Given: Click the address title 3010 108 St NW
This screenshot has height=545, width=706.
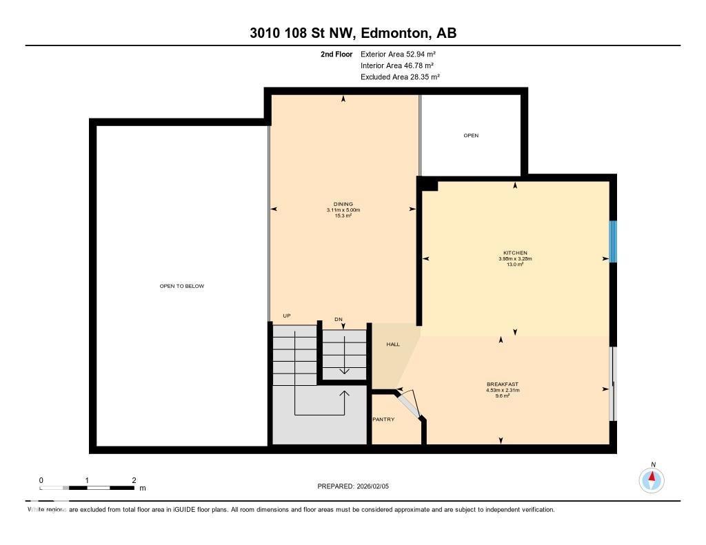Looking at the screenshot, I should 352,33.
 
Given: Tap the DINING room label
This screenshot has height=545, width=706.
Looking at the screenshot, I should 343,204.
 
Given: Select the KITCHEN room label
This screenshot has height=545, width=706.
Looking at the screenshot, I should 515,253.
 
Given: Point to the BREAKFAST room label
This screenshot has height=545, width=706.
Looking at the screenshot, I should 502,384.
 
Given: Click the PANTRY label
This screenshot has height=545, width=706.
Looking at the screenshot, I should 383,419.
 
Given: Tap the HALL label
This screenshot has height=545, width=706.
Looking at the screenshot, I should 392,345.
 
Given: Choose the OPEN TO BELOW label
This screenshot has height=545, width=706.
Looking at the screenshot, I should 181,286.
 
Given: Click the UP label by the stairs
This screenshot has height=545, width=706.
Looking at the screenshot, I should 287,316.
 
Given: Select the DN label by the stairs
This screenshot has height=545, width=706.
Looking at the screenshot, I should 339,319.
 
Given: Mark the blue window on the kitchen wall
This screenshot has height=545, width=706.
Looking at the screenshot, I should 612,241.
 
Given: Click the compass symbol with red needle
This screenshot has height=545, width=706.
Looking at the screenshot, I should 652,480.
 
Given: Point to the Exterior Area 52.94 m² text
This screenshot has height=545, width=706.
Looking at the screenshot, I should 398,54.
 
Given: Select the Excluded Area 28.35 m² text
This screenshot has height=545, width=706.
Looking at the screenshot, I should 400,77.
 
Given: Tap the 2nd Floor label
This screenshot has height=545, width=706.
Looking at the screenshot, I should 336,54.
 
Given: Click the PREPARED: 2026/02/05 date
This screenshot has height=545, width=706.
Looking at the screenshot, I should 353,486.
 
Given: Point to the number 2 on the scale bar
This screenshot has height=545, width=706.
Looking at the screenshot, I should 134,480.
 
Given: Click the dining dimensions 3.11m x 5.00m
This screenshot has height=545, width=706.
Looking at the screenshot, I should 343,210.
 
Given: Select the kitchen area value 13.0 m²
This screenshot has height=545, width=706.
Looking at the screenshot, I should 515,265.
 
